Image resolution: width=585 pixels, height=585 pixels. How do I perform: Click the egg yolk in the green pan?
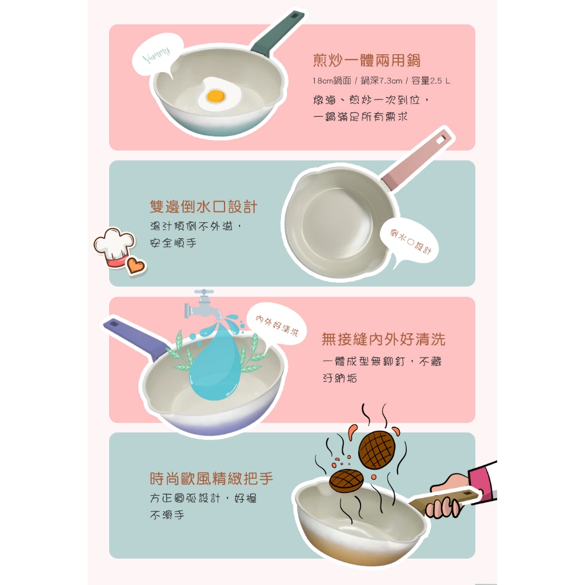215,96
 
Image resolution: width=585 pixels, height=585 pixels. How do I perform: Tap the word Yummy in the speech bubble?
157,55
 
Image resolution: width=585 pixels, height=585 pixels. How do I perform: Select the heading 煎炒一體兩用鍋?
367,61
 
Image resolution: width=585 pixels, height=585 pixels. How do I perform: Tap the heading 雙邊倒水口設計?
204,206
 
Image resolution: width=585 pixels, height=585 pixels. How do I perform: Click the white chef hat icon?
114,247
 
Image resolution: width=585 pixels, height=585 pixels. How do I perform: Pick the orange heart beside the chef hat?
135,265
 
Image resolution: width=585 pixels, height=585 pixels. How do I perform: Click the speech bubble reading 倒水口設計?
410,242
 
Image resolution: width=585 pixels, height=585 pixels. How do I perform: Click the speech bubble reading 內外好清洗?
277,324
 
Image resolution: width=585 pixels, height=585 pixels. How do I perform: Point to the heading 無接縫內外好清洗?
383,339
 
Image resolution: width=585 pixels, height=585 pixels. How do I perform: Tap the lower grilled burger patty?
346,480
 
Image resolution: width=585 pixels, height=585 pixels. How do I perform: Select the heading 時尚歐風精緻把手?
211,478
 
